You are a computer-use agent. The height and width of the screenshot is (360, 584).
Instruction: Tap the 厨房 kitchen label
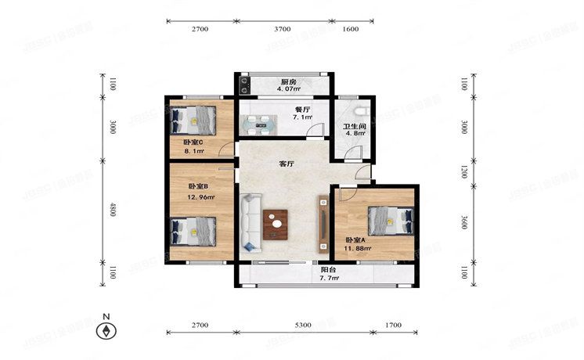(x=289, y=82)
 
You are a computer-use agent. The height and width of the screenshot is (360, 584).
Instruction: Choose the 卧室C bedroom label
(x=193, y=142)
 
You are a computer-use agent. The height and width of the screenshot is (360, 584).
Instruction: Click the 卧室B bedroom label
(x=198, y=186)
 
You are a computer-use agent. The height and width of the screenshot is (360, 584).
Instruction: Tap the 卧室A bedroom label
(x=356, y=239)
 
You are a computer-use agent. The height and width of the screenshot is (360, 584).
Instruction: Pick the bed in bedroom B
(x=195, y=231)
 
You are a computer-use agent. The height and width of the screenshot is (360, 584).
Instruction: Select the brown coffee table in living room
(x=276, y=224)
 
